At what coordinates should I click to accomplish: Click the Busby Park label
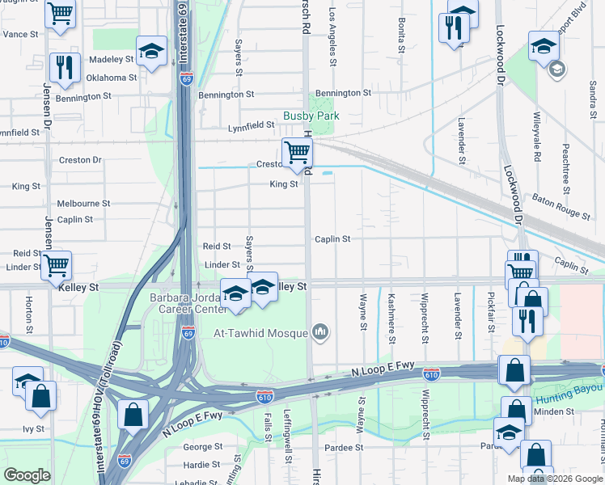[311, 116]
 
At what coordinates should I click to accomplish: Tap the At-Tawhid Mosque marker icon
[321, 331]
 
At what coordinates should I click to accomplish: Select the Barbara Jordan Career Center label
[188, 302]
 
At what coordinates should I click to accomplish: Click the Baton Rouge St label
[561, 206]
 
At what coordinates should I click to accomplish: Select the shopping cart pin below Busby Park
[297, 151]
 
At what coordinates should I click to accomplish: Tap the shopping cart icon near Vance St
[60, 14]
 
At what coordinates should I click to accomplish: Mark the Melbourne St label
[83, 204]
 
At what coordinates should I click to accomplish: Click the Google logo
[27, 475]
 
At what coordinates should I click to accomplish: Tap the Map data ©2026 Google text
[552, 478]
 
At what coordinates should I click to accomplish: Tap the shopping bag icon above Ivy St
[40, 397]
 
